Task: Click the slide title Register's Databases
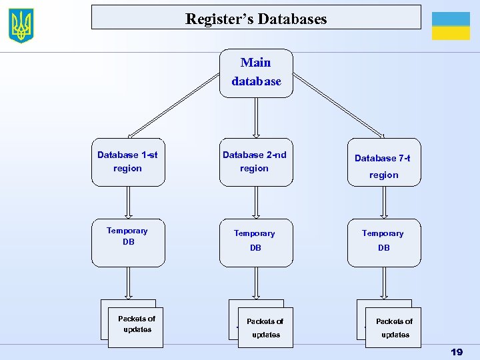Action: pos(256,19)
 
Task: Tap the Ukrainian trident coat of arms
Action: pos(21,25)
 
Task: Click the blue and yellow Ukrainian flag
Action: pos(451,26)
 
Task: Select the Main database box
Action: pos(256,73)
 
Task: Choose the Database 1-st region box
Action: pos(127,162)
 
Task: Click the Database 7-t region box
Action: pos(383,162)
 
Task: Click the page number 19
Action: pos(457,351)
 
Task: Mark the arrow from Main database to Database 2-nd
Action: pos(256,118)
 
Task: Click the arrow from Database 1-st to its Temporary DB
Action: pos(128,202)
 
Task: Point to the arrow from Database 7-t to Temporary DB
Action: pos(383,202)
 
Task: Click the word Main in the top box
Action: pos(256,63)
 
